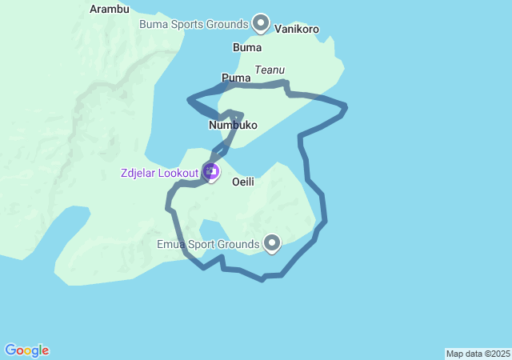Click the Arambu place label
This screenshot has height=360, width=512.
coord(110,9)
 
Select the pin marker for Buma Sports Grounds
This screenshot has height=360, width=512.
coord(261,22)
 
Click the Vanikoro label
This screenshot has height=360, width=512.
coord(297,30)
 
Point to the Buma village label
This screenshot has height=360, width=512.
coord(246,47)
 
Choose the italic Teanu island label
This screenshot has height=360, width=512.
coord(270,70)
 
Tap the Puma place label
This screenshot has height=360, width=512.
coord(235,78)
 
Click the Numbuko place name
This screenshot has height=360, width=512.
coord(233,126)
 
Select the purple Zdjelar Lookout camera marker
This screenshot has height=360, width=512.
coord(210,170)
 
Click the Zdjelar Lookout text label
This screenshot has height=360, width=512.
coord(159,173)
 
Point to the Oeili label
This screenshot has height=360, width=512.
coord(243,182)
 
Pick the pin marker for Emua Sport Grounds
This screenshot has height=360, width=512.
coord(272,242)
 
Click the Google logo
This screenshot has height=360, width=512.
coord(26,350)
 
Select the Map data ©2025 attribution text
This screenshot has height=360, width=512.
coord(478,354)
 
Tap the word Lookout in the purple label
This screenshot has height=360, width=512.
coord(178,173)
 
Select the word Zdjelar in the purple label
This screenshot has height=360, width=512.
coord(138,173)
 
